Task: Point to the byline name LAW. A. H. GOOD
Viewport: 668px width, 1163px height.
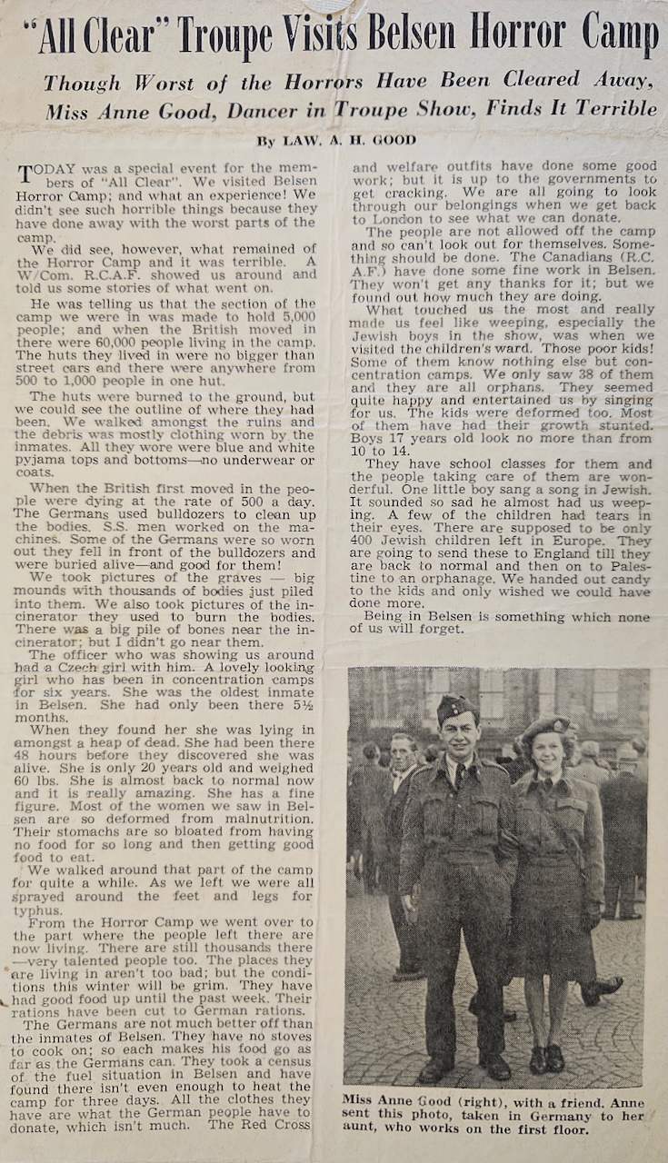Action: pos(347,140)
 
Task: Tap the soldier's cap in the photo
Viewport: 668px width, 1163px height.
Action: pos(457,707)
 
